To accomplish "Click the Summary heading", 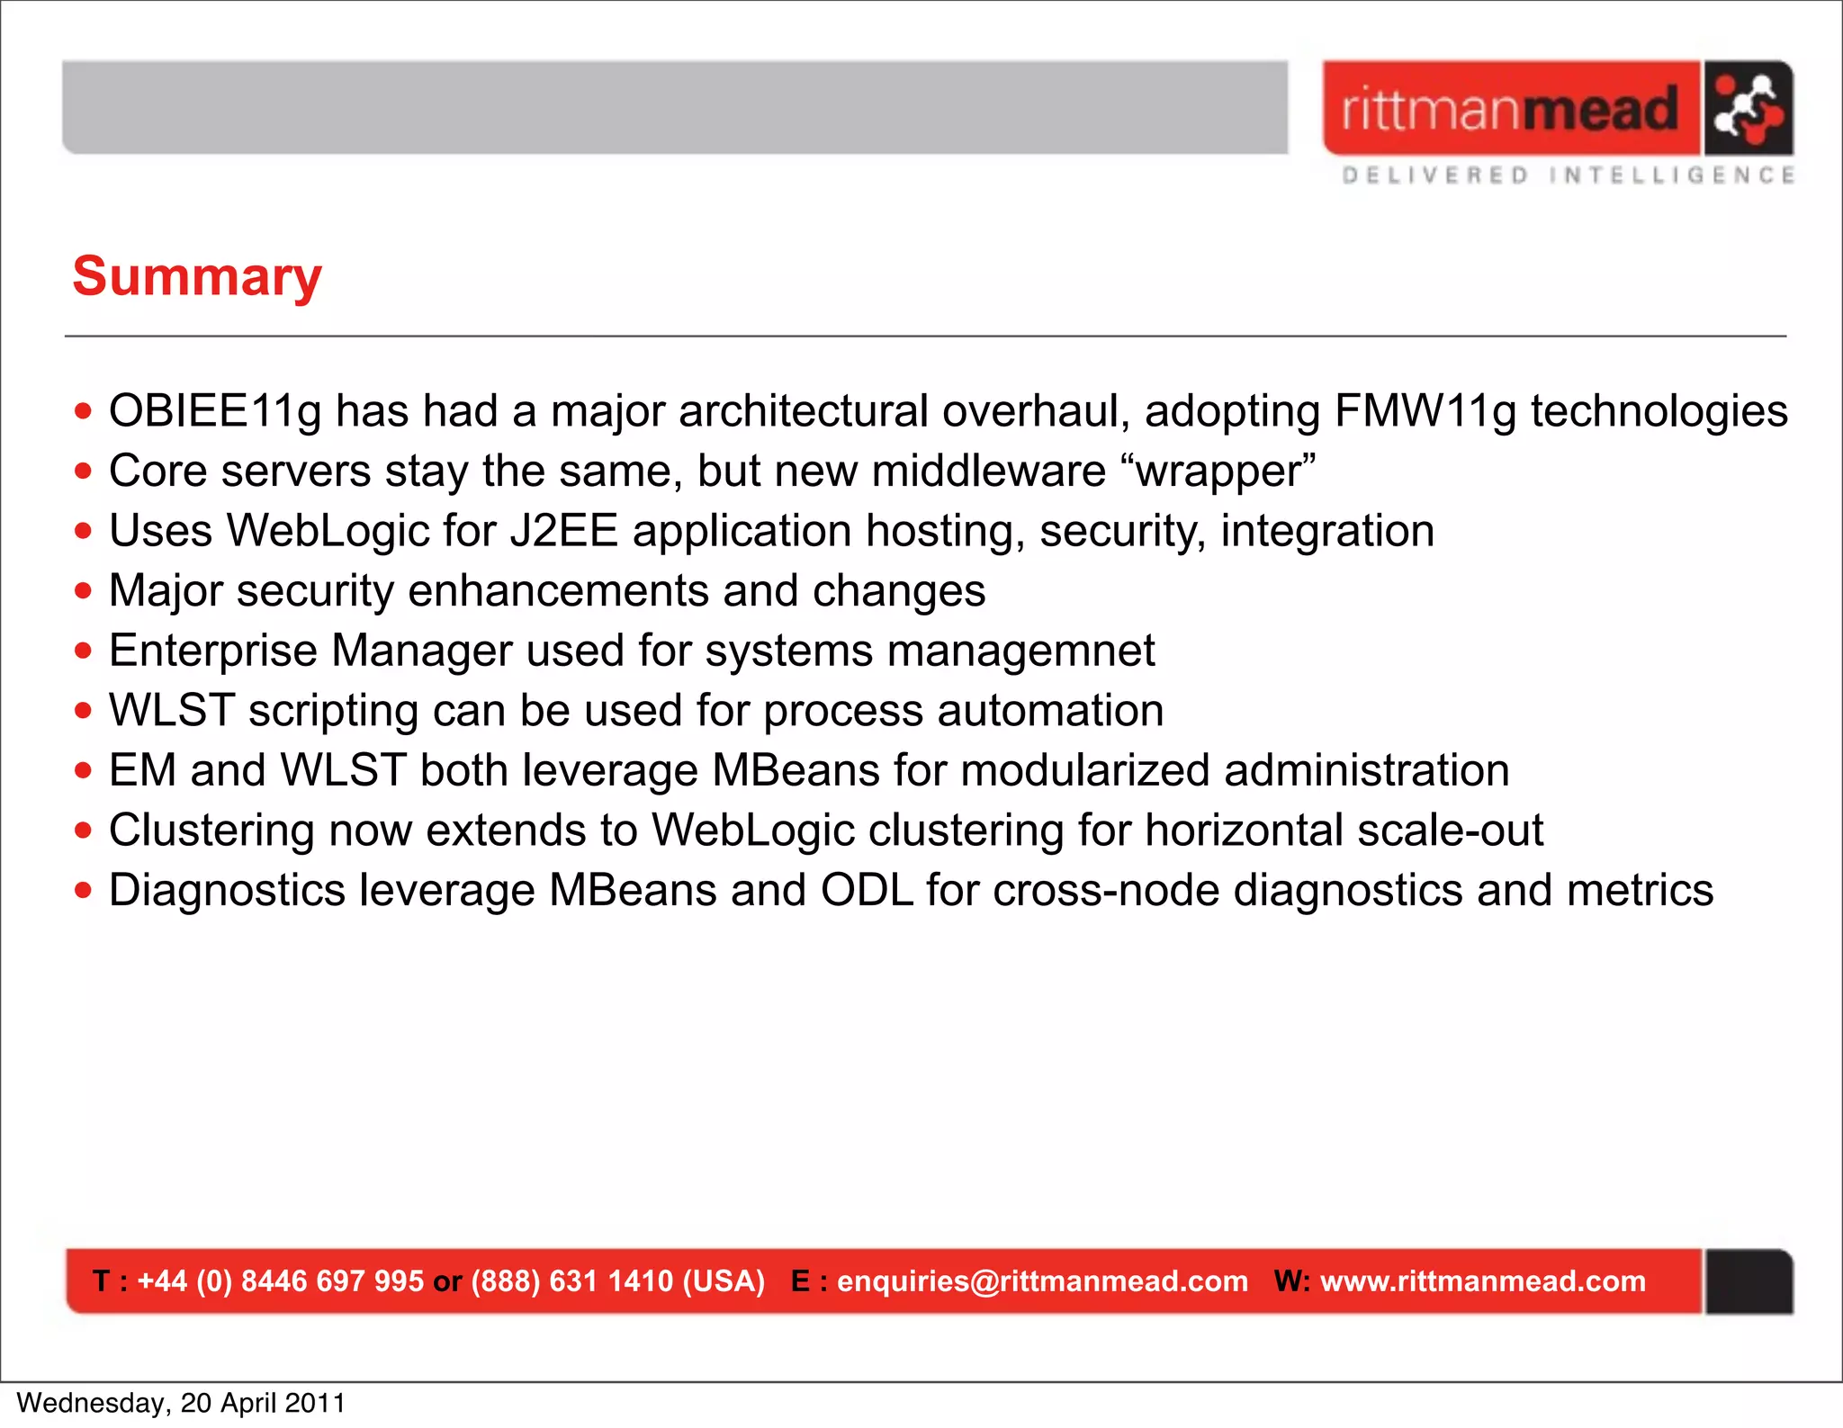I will (197, 277).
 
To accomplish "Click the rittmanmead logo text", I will (1510, 110).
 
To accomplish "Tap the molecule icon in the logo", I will (1747, 109).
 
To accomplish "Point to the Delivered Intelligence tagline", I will (1568, 175).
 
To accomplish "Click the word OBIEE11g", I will (215, 411).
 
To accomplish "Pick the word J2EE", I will (563, 531).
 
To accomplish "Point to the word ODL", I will (867, 891).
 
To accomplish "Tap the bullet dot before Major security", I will (84, 592).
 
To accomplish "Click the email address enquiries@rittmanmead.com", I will (1042, 1280).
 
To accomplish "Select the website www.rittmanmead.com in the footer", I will (1482, 1280).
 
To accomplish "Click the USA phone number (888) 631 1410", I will (572, 1280).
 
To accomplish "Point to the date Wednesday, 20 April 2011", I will (181, 1403).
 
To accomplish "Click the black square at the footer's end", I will (1749, 1281).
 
